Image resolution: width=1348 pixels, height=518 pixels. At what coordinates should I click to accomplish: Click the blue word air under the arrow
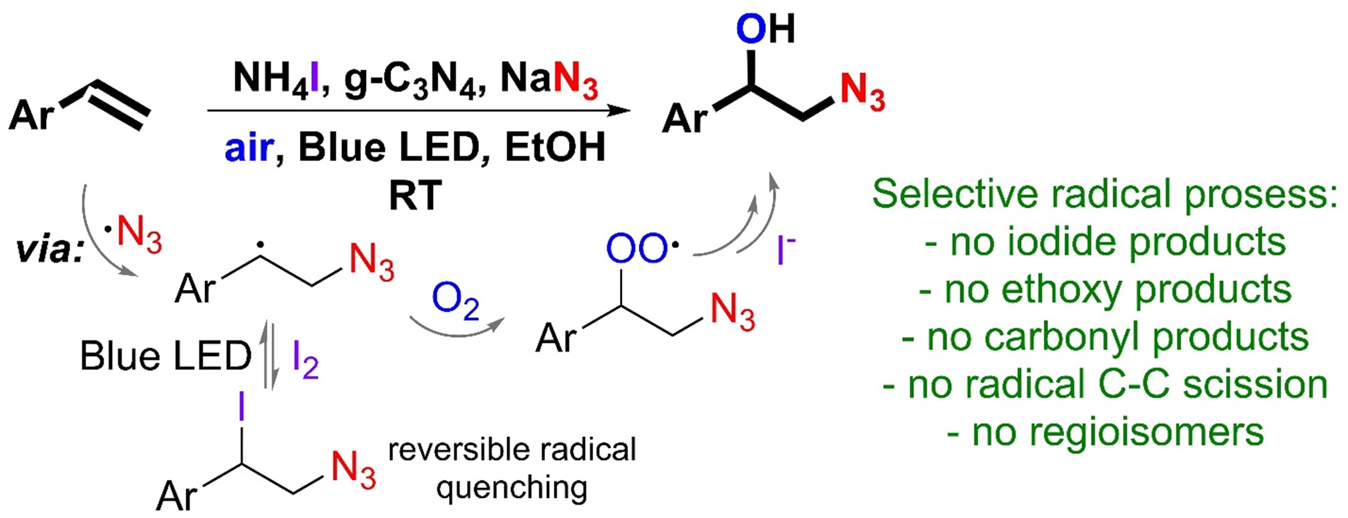tap(248, 148)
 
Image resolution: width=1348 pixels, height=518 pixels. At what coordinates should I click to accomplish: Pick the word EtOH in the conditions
tap(554, 148)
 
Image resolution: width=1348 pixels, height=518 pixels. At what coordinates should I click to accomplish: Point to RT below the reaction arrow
tap(415, 196)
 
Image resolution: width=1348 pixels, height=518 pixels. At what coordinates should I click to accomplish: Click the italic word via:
tap(50, 250)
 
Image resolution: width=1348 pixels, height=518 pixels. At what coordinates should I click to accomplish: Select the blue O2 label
tap(455, 300)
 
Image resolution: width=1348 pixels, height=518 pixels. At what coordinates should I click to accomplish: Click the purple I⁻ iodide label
tap(786, 251)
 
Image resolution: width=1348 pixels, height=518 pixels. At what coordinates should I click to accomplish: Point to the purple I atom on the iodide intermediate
tap(241, 406)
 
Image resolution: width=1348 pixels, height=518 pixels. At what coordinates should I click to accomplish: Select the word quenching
tap(512, 489)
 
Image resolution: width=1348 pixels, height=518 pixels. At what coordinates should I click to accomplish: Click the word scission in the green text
tap(1255, 385)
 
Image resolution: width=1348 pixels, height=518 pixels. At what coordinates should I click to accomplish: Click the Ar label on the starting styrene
tap(31, 115)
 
